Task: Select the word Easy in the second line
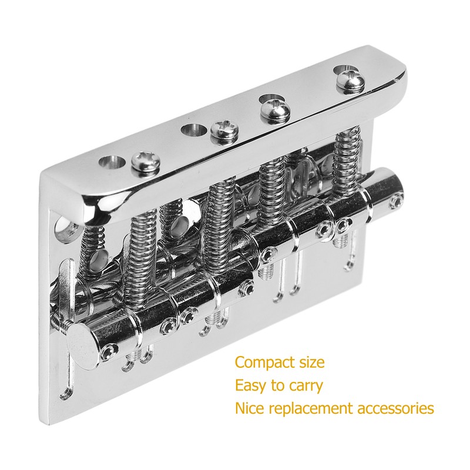pos(251,386)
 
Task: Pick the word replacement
pos(311,408)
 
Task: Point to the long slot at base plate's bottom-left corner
pos(66,376)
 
